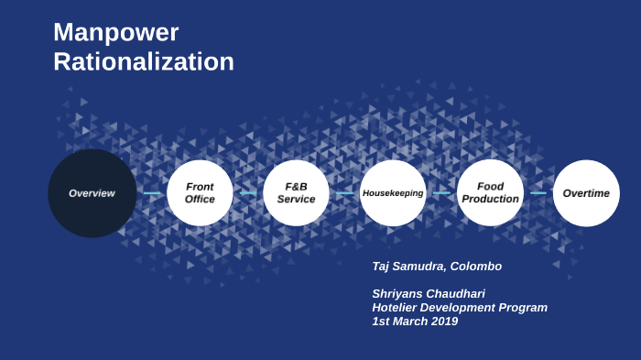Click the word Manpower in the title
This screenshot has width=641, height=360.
point(115,32)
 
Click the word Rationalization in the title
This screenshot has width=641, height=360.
point(144,61)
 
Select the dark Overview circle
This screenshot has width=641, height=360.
point(92,193)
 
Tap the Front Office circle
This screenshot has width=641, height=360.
point(200,193)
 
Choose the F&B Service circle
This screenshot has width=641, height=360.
point(296,193)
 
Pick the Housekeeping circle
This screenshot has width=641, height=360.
point(393,193)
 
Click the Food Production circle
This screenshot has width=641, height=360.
point(490,193)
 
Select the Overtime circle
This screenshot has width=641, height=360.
point(586,193)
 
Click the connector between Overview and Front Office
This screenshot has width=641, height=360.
point(152,193)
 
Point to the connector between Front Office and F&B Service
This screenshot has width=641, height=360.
point(248,193)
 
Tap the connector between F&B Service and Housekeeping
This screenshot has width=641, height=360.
point(344,193)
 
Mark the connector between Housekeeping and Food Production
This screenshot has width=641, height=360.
point(441,193)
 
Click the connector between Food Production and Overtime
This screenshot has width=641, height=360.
point(538,193)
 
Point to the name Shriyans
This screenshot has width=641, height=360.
point(400,294)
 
